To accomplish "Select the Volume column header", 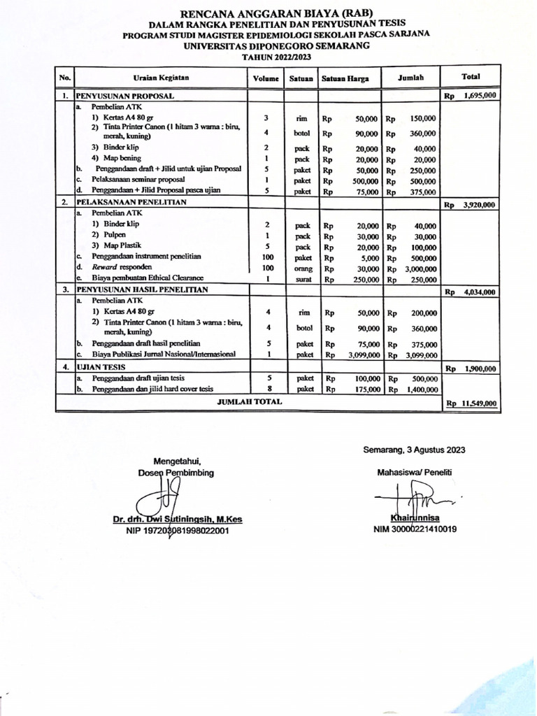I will [266, 78].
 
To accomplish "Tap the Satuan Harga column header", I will [341, 78].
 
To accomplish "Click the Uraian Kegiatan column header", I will [162, 78].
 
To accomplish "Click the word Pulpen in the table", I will [114, 235].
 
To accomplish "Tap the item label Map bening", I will [124, 158].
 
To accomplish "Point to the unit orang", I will [302, 268].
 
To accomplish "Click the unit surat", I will [302, 279].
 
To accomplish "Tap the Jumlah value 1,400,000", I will [421, 389].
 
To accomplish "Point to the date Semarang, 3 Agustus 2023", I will [414, 450].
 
